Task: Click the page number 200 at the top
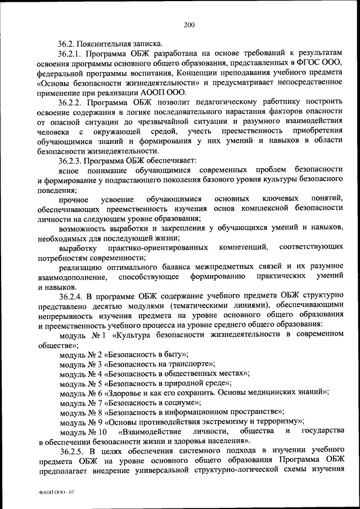click(x=188, y=24)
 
